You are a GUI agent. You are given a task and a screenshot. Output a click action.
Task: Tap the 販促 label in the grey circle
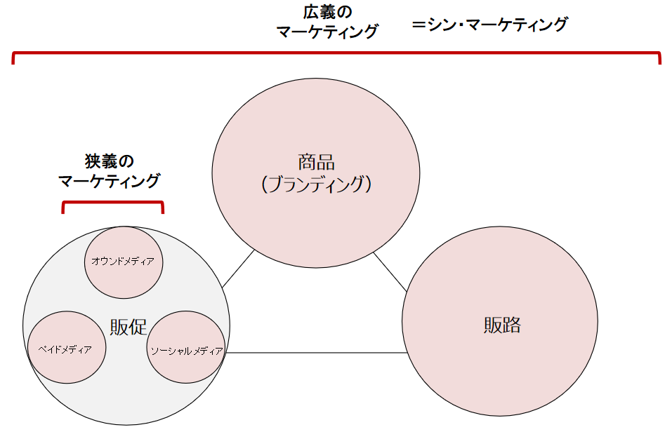click(128, 327)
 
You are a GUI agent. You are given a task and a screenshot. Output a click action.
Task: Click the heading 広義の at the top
click(328, 12)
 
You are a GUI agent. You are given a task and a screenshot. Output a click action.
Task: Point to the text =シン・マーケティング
click(489, 25)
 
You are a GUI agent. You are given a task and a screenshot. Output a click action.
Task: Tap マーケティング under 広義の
click(327, 32)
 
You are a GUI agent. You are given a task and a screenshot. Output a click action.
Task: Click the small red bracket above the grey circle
click(112, 203)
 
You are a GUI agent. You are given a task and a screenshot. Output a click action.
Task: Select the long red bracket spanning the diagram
click(337, 53)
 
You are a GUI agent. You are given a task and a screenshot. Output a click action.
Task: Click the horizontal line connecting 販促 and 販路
click(316, 353)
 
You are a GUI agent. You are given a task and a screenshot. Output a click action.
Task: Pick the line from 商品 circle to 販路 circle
click(390, 272)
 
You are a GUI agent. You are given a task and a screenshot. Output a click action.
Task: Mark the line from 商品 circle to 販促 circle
click(238, 269)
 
